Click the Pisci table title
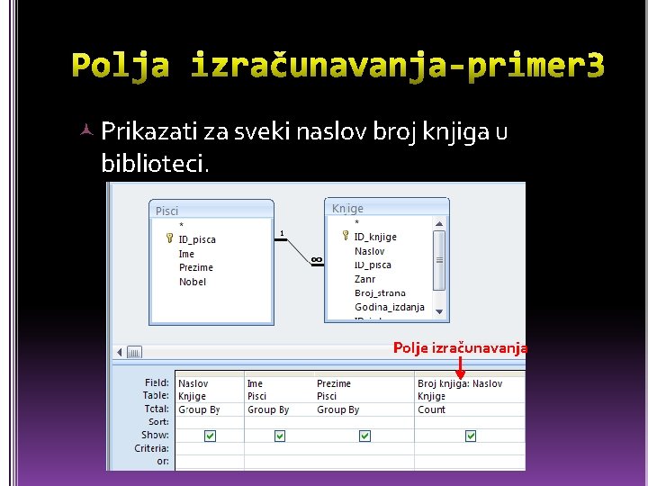click(167, 211)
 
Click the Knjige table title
click(347, 208)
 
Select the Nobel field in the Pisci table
click(193, 282)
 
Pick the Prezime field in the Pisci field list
click(195, 267)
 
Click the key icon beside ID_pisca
click(169, 239)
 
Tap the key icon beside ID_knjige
click(346, 236)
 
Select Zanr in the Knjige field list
click(364, 279)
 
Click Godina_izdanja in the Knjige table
click(389, 307)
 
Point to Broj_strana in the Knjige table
click(380, 292)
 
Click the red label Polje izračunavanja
click(460, 347)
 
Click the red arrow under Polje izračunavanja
click(460, 367)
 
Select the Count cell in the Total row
click(431, 409)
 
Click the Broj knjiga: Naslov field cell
click(459, 383)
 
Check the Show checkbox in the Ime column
click(279, 436)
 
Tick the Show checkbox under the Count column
click(470, 436)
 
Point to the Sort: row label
click(157, 421)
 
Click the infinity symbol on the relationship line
click(316, 260)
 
